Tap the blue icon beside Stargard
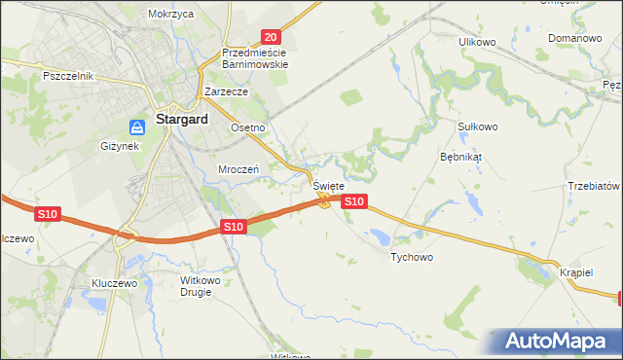(139, 126)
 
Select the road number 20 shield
(271, 35)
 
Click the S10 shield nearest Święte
(354, 201)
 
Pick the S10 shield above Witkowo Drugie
(232, 227)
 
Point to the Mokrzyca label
(171, 15)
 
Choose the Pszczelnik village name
(67, 75)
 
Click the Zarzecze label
(227, 91)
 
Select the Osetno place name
(247, 127)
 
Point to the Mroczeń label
(238, 168)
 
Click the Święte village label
(328, 185)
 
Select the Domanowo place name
(574, 38)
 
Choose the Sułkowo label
(477, 126)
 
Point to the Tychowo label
(411, 258)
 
